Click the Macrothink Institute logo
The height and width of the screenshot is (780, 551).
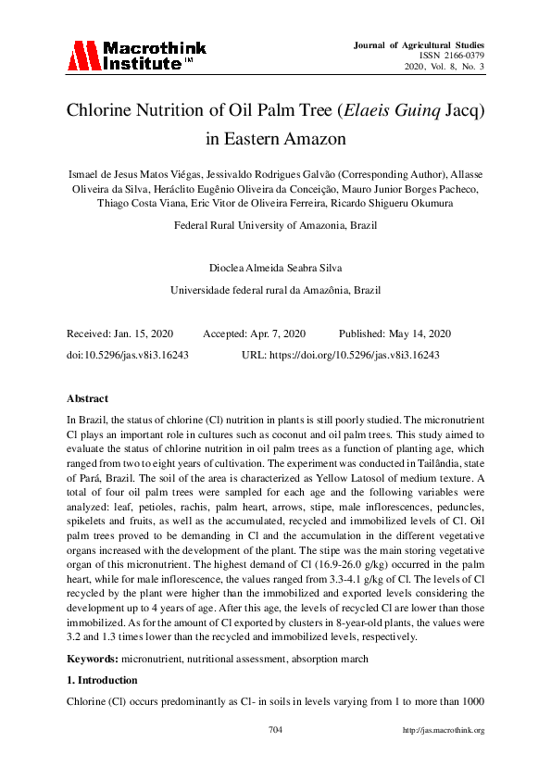(135, 56)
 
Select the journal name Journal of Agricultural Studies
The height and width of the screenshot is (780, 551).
(420, 44)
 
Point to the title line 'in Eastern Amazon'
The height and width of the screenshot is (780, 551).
(275, 140)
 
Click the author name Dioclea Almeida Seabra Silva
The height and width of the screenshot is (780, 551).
(275, 269)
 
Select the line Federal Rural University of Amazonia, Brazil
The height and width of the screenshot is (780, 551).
(275, 225)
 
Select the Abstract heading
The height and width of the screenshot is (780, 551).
(87, 398)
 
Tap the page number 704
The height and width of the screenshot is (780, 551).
(275, 730)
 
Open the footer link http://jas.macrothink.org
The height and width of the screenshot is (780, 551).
(445, 730)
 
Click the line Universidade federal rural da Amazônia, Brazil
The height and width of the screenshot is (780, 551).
(275, 290)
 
